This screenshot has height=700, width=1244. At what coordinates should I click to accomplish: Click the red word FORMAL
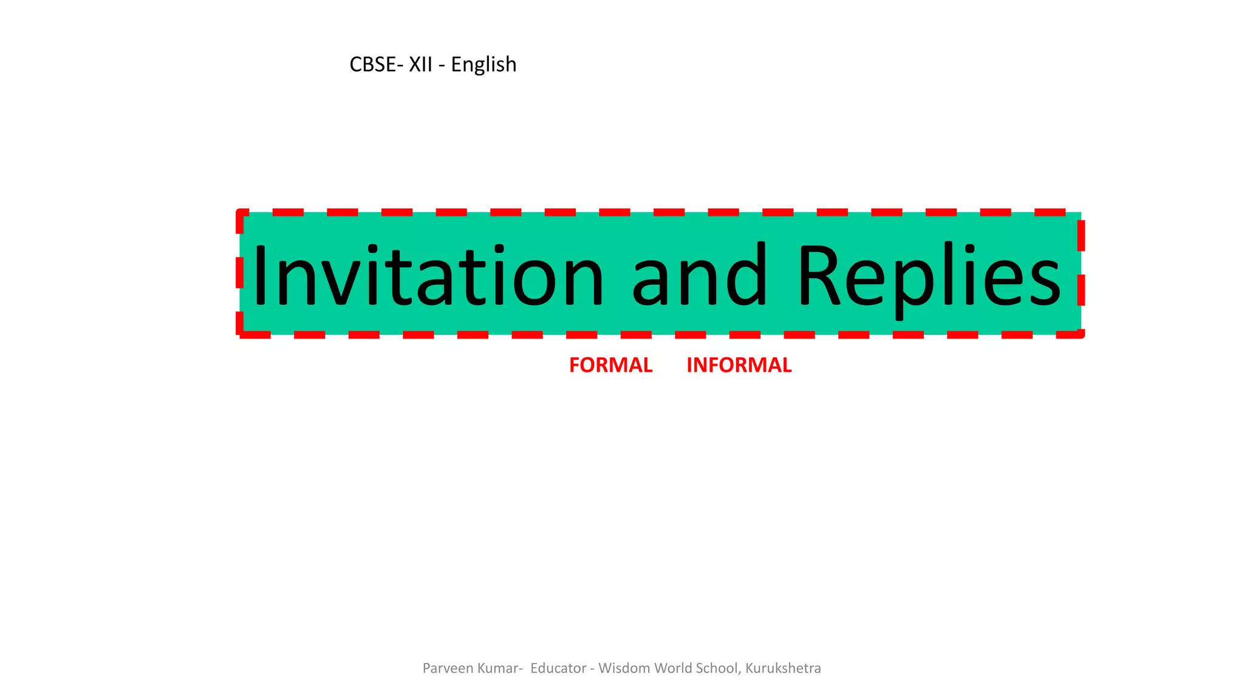(610, 365)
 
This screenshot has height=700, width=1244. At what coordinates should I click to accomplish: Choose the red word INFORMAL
(739, 365)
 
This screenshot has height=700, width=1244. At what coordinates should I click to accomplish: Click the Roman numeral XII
(420, 64)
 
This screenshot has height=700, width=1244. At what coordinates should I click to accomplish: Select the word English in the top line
(484, 64)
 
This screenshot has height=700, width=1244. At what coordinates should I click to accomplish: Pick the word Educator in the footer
(558, 668)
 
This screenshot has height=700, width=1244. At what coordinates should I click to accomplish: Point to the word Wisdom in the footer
(624, 668)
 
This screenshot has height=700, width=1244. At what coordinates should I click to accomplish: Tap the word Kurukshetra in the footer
(783, 668)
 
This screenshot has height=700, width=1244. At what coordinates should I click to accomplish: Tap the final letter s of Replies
(1043, 283)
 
